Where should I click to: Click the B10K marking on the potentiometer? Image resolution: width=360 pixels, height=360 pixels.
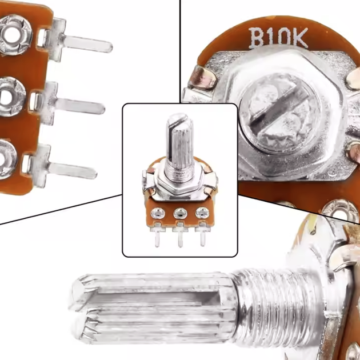(278, 38)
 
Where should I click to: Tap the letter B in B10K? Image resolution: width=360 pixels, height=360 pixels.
(257, 38)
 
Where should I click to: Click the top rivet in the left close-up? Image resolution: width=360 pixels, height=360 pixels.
(14, 35)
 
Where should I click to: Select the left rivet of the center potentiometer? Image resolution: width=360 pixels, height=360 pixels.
(158, 214)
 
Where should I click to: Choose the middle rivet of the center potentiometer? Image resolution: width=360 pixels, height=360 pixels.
(181, 214)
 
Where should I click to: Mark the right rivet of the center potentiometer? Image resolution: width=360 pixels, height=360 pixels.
(202, 213)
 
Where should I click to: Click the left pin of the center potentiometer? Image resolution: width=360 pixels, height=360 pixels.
(157, 238)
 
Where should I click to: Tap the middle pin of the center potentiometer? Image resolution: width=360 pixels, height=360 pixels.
(180, 238)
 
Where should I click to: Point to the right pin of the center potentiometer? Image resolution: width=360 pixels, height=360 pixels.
(202, 237)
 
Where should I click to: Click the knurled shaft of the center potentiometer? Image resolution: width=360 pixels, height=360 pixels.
(180, 142)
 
